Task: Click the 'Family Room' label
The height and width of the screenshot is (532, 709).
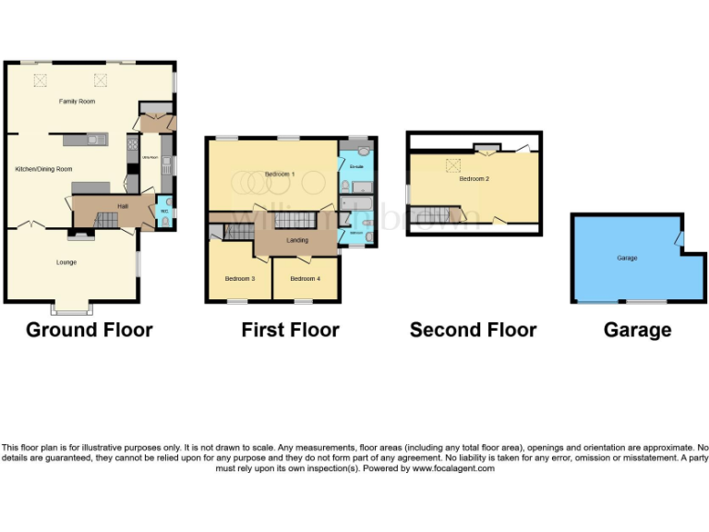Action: click(78, 101)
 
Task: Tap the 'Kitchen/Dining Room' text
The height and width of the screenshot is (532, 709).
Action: click(43, 169)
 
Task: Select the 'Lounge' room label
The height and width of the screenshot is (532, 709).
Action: click(66, 262)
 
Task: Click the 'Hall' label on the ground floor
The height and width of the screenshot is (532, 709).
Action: click(122, 206)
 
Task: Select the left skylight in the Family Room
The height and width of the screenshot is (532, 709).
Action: click(40, 79)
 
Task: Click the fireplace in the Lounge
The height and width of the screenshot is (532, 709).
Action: click(80, 236)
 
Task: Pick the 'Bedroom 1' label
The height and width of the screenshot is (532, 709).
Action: click(279, 174)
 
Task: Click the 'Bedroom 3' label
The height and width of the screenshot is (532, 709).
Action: click(240, 278)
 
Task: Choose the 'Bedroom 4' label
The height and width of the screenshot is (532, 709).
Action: click(305, 278)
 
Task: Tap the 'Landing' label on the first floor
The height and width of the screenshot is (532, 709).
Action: click(297, 240)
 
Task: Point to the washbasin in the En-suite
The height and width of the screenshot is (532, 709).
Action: click(364, 151)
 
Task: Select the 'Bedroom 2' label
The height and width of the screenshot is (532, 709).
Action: click(474, 178)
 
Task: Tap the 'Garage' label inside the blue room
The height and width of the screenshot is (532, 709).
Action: click(627, 258)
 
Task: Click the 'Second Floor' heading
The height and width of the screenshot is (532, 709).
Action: click(473, 330)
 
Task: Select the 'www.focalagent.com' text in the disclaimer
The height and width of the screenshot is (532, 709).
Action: click(452, 468)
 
